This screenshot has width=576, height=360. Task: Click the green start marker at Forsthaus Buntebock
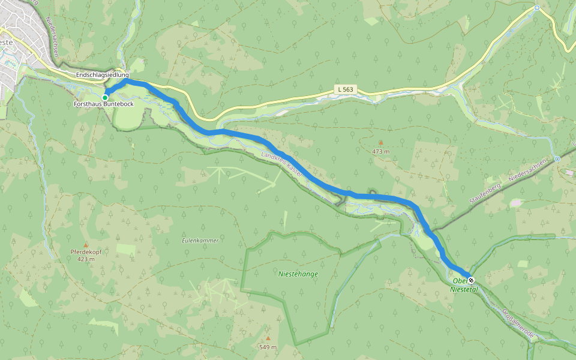(x=105, y=97)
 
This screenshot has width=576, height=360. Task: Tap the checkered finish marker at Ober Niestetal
(x=471, y=280)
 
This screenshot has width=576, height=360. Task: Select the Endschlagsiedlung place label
(x=102, y=74)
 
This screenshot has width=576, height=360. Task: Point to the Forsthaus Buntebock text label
(x=103, y=104)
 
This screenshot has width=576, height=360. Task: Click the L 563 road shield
(x=346, y=89)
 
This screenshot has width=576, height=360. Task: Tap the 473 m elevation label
(x=380, y=151)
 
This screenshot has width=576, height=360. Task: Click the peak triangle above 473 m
(x=380, y=143)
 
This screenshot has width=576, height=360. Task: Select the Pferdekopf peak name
(x=86, y=252)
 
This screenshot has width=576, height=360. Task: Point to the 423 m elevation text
(x=86, y=259)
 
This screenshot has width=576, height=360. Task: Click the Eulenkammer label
(x=200, y=240)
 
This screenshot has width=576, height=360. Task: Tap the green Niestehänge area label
(x=298, y=274)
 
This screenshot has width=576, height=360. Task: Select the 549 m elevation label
(x=268, y=347)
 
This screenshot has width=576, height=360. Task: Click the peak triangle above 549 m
(x=268, y=338)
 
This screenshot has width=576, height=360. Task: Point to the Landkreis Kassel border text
(x=282, y=164)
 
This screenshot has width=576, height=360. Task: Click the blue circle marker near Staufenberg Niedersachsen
(x=557, y=159)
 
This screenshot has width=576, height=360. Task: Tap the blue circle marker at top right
(x=537, y=8)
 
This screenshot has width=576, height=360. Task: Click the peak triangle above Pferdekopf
(x=86, y=245)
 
